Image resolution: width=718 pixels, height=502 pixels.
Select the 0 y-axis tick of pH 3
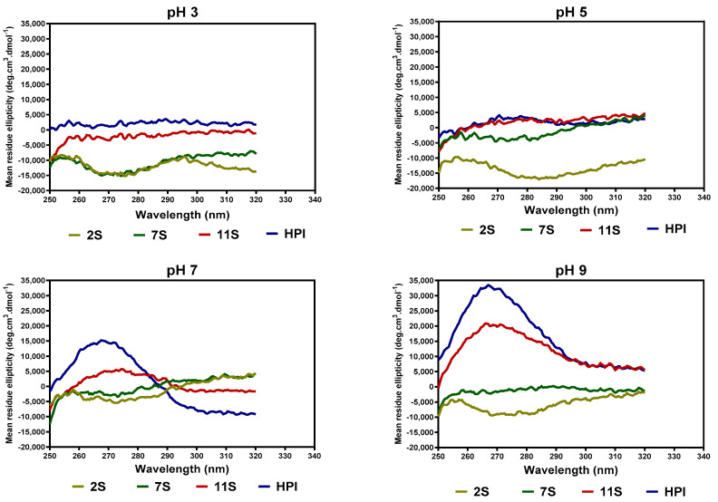click(40, 130)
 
